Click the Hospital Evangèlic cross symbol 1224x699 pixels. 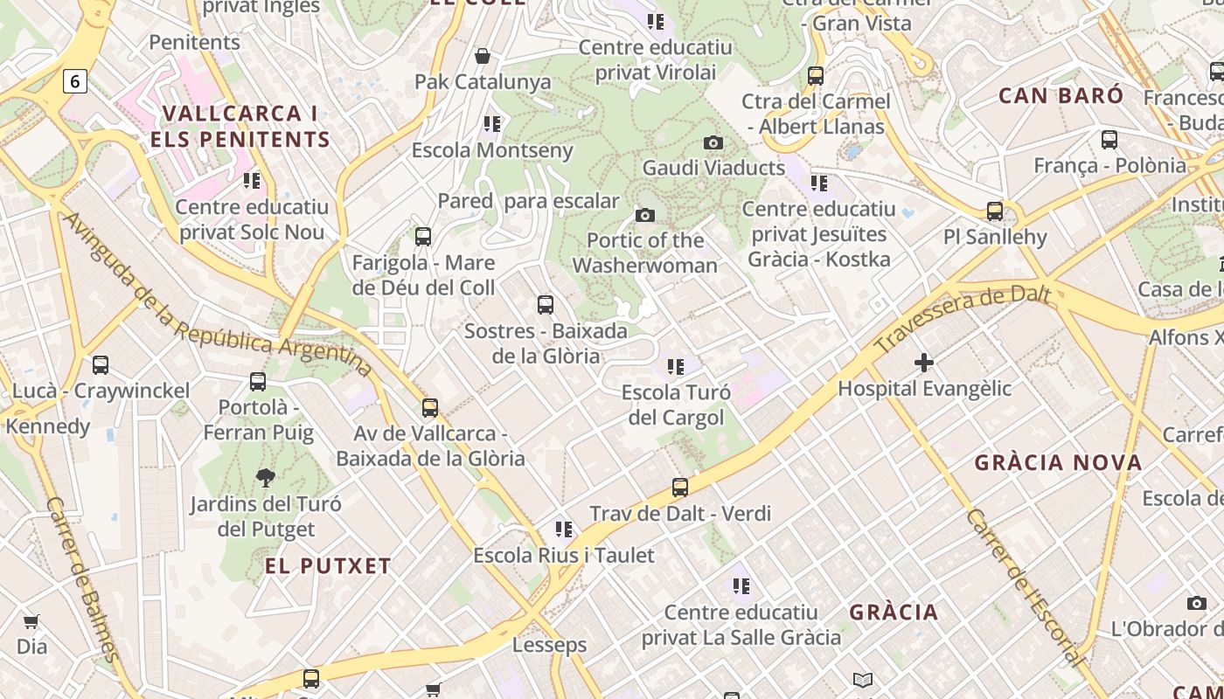[x=924, y=362]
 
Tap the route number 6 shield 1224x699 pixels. [x=75, y=81]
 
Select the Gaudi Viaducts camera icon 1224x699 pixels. [x=713, y=142]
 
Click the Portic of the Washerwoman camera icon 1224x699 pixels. [x=645, y=215]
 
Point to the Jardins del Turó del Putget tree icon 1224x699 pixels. [x=266, y=477]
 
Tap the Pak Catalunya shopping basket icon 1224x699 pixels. [x=482, y=57]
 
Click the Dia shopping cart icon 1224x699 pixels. [x=31, y=621]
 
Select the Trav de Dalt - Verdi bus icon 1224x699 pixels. [x=680, y=487]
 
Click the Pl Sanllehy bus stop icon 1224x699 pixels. [x=995, y=211]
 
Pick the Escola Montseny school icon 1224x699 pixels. [x=492, y=124]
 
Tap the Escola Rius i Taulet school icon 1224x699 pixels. [x=564, y=529]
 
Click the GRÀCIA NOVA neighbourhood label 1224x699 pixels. [x=1058, y=463]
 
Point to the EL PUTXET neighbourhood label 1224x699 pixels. [x=328, y=566]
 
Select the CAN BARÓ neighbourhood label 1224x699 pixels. [x=1061, y=95]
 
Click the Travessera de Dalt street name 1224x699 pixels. [x=962, y=318]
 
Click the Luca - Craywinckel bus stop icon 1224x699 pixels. [x=101, y=365]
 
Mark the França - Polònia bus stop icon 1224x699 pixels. [x=1109, y=139]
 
